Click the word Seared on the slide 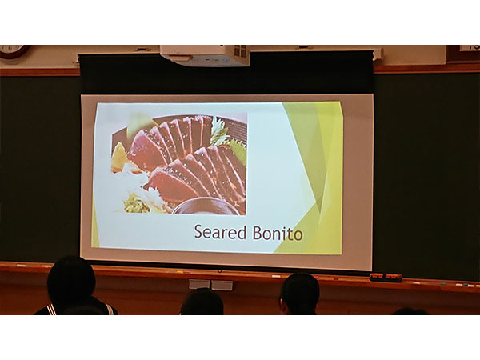point(220,232)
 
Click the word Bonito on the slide point(278,234)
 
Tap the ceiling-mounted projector point(205,55)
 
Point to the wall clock point(14,51)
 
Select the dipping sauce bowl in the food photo point(206,206)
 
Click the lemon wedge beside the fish point(119,158)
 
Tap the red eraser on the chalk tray point(386,277)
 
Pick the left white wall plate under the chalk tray point(199,284)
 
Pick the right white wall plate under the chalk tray point(222,285)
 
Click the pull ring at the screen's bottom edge point(219,270)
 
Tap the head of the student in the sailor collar point(71,279)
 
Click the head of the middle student point(202,302)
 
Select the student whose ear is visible point(299,294)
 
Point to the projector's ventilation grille point(240,51)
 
